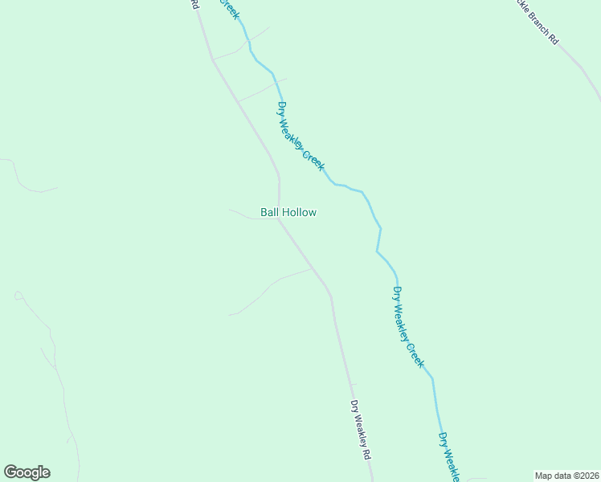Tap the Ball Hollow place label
point(288,212)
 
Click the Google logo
point(27,472)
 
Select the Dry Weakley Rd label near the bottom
point(360,430)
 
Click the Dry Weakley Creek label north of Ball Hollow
point(300,136)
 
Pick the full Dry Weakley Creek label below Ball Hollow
point(407,327)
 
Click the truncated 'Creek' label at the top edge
point(229,9)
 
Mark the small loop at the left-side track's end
point(18,296)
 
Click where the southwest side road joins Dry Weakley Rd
point(312,269)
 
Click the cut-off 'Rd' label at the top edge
point(194,4)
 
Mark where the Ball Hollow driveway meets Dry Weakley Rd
point(279,219)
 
